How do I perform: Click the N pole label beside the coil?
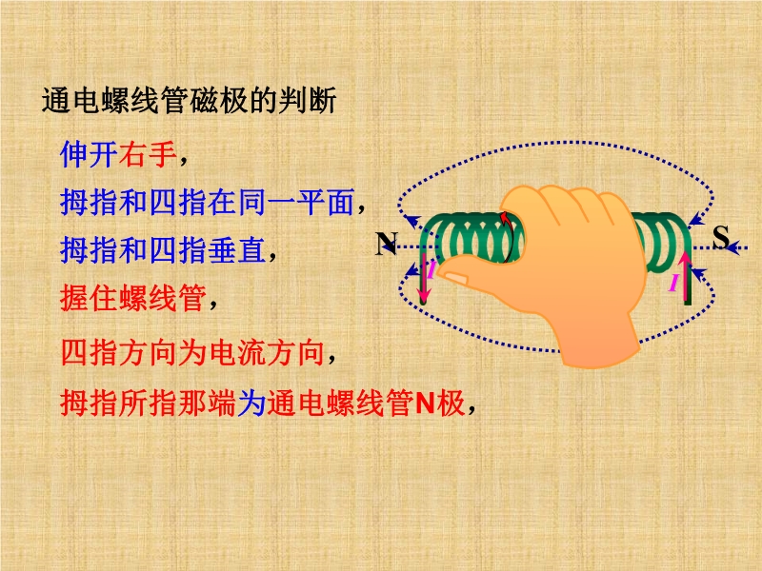point(387,243)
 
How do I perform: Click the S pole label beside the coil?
point(721,237)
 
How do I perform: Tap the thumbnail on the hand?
point(455,278)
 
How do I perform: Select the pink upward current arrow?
point(685,276)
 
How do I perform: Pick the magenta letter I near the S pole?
point(673,282)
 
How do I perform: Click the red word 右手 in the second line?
point(148,154)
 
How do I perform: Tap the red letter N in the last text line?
point(424,403)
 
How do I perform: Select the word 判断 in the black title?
point(307,101)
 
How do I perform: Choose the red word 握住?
point(90,298)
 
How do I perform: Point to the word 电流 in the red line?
point(237,351)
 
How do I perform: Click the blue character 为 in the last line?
point(251,403)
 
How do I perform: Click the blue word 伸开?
point(89,154)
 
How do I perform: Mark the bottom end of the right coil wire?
point(688,303)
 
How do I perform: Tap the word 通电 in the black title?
point(70,101)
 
